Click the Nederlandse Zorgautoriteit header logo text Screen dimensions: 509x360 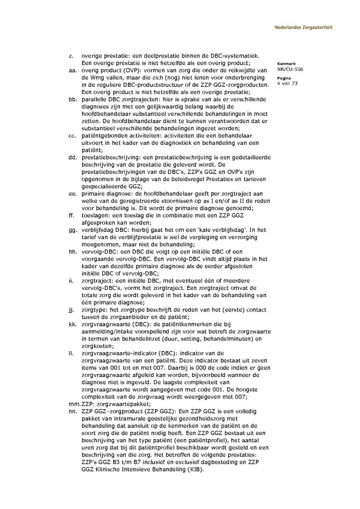(303, 28)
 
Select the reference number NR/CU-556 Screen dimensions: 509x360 (290, 69)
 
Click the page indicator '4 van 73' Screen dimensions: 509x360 (287, 84)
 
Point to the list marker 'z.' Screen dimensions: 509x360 (71, 56)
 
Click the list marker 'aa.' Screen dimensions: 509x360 (72, 70)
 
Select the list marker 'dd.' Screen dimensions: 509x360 (72, 157)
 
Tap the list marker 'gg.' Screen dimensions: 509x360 (72, 230)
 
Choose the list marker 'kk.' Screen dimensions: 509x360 (72, 324)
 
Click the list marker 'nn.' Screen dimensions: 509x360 (72, 411)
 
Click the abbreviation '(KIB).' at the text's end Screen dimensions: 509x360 (194, 469)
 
